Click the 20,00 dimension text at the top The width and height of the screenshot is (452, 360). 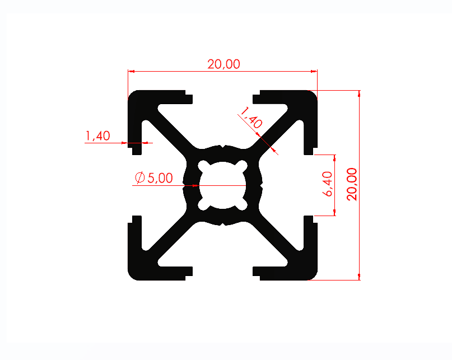click(223, 64)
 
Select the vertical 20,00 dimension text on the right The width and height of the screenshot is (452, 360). click(352, 184)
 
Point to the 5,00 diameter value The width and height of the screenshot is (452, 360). click(161, 178)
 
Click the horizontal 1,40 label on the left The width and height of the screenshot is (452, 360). click(97, 135)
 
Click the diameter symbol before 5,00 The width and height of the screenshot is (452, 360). click(140, 178)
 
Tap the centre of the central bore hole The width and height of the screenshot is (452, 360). click(223, 185)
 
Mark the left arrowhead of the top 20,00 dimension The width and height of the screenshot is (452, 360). click(132, 72)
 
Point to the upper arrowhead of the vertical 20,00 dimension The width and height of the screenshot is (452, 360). click(359, 93)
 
